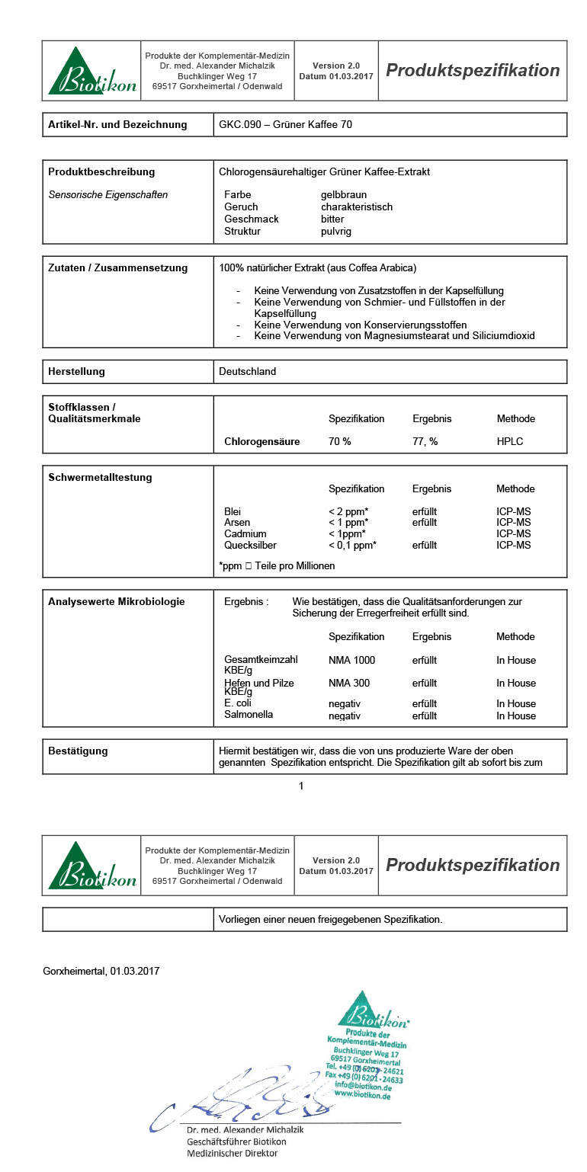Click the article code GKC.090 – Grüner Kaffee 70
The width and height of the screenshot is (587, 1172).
click(285, 125)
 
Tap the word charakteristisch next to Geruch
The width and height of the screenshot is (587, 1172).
click(357, 207)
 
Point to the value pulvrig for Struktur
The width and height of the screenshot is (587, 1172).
click(336, 232)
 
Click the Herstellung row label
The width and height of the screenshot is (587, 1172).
click(77, 372)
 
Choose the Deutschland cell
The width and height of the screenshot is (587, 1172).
click(247, 372)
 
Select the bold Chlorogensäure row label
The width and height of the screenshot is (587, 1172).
click(262, 442)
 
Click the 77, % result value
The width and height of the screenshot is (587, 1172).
click(425, 442)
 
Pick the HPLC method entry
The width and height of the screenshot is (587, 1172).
click(510, 442)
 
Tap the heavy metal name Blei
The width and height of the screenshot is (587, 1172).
click(233, 512)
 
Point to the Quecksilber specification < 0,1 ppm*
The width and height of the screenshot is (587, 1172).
click(353, 546)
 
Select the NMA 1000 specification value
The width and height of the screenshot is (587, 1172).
click(351, 661)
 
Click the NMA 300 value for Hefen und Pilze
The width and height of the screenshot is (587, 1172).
click(348, 684)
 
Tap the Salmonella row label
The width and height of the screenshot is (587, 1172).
click(249, 716)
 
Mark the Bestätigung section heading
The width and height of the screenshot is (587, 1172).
click(78, 751)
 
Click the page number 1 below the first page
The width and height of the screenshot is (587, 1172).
click(301, 786)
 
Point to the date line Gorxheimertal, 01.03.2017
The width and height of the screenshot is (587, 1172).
click(101, 972)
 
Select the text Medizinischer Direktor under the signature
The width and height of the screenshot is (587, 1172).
click(233, 1154)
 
